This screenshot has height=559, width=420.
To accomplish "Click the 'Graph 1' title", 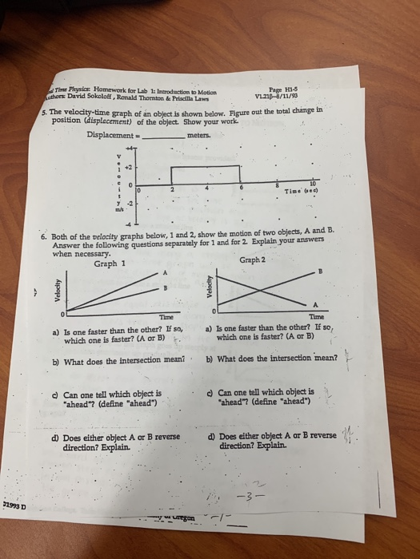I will tap(110, 264).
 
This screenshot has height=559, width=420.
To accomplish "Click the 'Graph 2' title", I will tap(252, 260).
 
